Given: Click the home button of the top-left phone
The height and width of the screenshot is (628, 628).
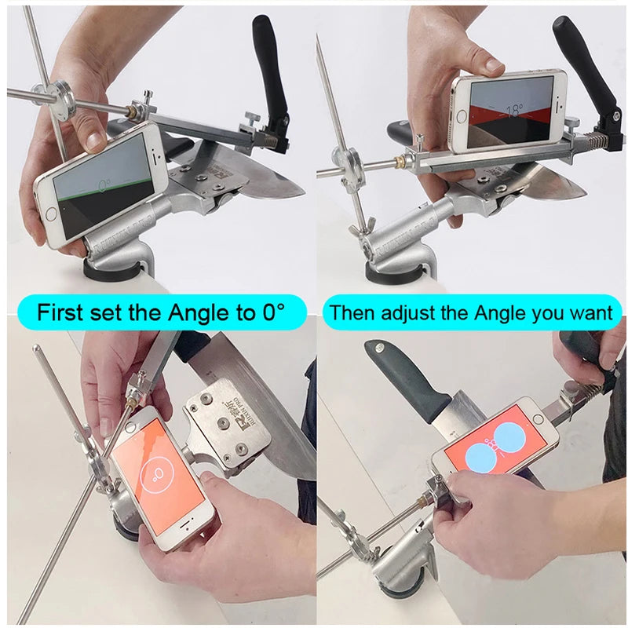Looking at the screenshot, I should (53, 214).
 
